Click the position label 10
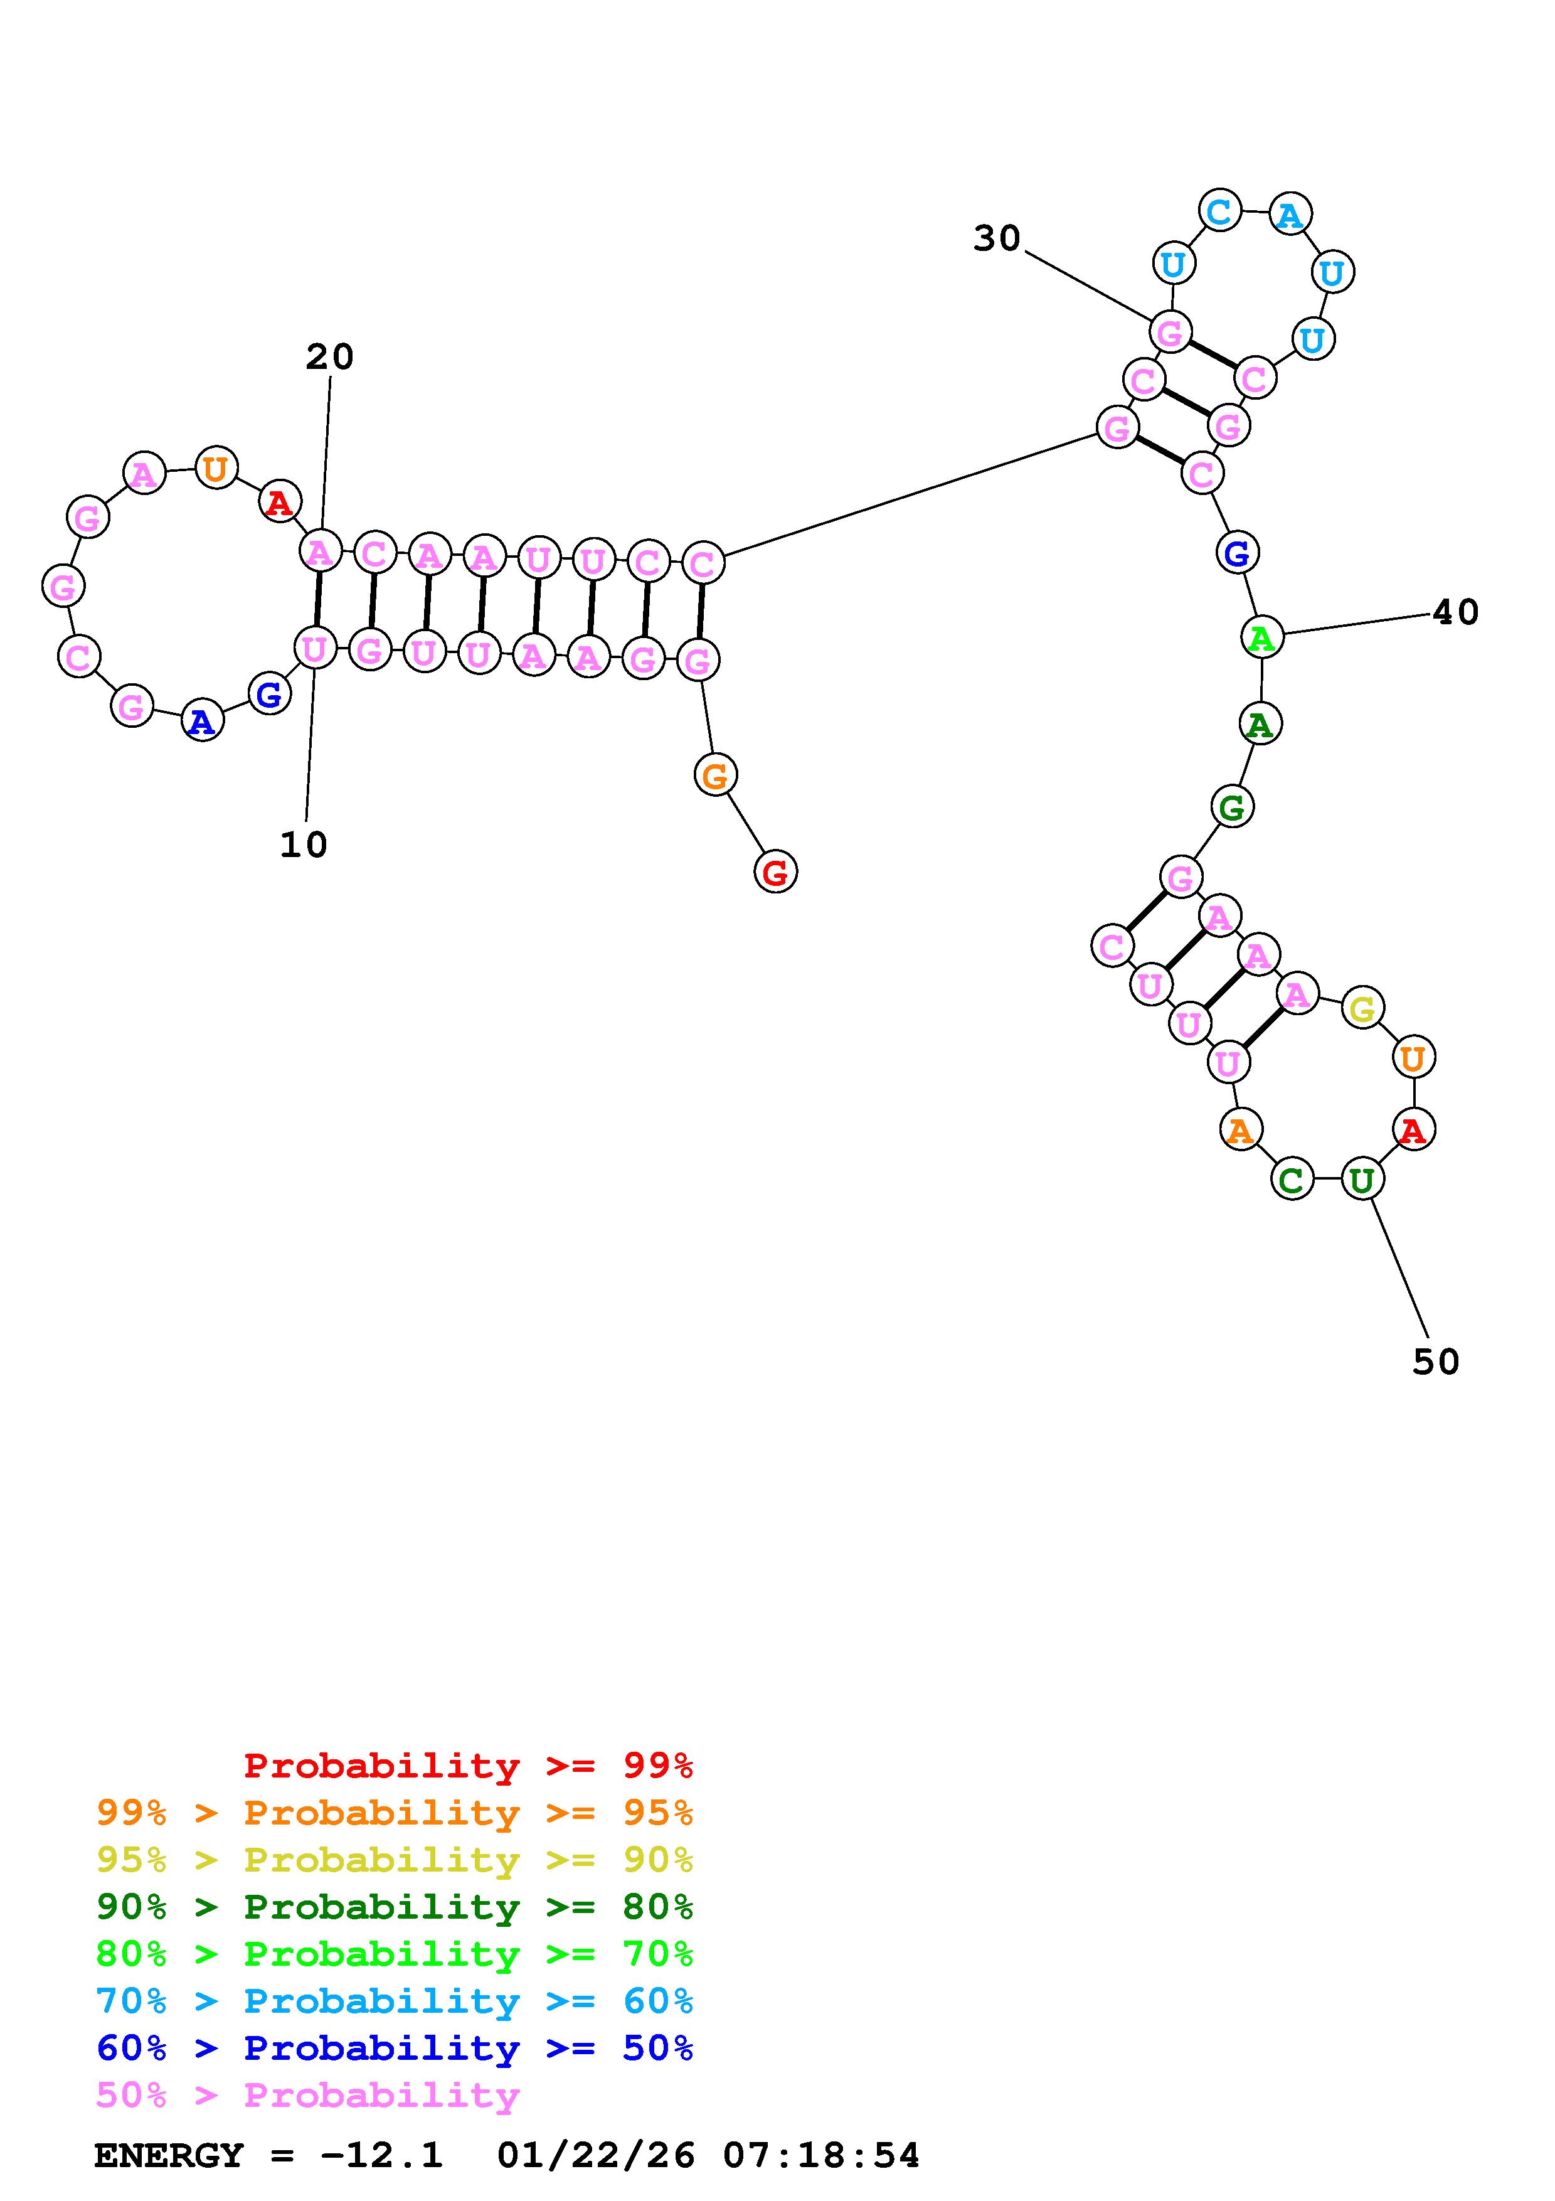[x=304, y=845]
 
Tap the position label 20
[x=329, y=356]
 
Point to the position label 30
[x=997, y=238]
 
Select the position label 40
[x=1455, y=612]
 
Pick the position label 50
[x=1435, y=1362]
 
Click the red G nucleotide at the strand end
[x=775, y=872]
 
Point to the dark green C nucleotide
[x=1292, y=1179]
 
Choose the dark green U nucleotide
[x=1361, y=1179]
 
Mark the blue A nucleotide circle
[x=202, y=721]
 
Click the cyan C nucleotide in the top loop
[x=1219, y=211]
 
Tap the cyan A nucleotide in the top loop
[x=1290, y=215]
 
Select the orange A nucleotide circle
[x=1239, y=1130]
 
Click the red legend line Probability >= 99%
[x=469, y=1765]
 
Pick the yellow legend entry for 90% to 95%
[x=395, y=1860]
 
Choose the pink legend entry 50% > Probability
[x=307, y=2096]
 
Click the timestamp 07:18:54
[x=821, y=2156]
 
